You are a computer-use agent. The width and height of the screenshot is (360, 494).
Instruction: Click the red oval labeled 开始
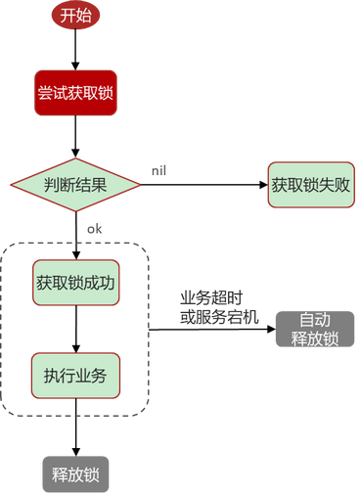pos(75,16)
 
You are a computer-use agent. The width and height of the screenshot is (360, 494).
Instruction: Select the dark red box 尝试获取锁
pos(75,93)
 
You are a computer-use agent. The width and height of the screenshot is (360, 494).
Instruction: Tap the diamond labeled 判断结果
pos(75,185)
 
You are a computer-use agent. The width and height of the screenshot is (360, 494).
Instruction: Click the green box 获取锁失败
pos(311,185)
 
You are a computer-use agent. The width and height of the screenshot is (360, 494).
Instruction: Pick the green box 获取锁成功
pos(75,283)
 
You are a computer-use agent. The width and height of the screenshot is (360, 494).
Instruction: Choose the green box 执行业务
pos(75,376)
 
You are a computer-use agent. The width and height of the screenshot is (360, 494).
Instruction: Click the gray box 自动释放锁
pos(315,329)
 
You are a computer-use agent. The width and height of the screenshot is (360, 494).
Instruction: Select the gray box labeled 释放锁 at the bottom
pos(75,474)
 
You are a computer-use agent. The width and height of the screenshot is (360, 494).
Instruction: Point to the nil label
pos(158,171)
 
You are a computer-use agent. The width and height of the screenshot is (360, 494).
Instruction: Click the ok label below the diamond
pos(94,229)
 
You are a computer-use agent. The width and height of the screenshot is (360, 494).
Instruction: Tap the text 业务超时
pos(211,297)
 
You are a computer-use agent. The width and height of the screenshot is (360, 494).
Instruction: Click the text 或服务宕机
pos(219,317)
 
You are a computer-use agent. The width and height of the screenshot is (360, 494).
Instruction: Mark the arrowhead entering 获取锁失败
pos(263,185)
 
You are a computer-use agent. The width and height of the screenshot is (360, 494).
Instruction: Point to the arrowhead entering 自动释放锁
pos(272,329)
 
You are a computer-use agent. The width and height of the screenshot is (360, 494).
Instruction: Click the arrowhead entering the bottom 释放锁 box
pos(76,452)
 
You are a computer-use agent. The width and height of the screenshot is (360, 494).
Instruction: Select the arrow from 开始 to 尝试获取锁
pos(75,49)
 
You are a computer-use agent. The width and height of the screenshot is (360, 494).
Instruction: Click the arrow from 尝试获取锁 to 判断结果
pos(75,137)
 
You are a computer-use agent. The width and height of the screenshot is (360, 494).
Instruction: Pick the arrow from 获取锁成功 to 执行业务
pos(76,329)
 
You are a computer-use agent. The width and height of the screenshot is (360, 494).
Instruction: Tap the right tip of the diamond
pos(141,185)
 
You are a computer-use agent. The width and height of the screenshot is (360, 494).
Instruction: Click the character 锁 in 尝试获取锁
pos(106,93)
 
